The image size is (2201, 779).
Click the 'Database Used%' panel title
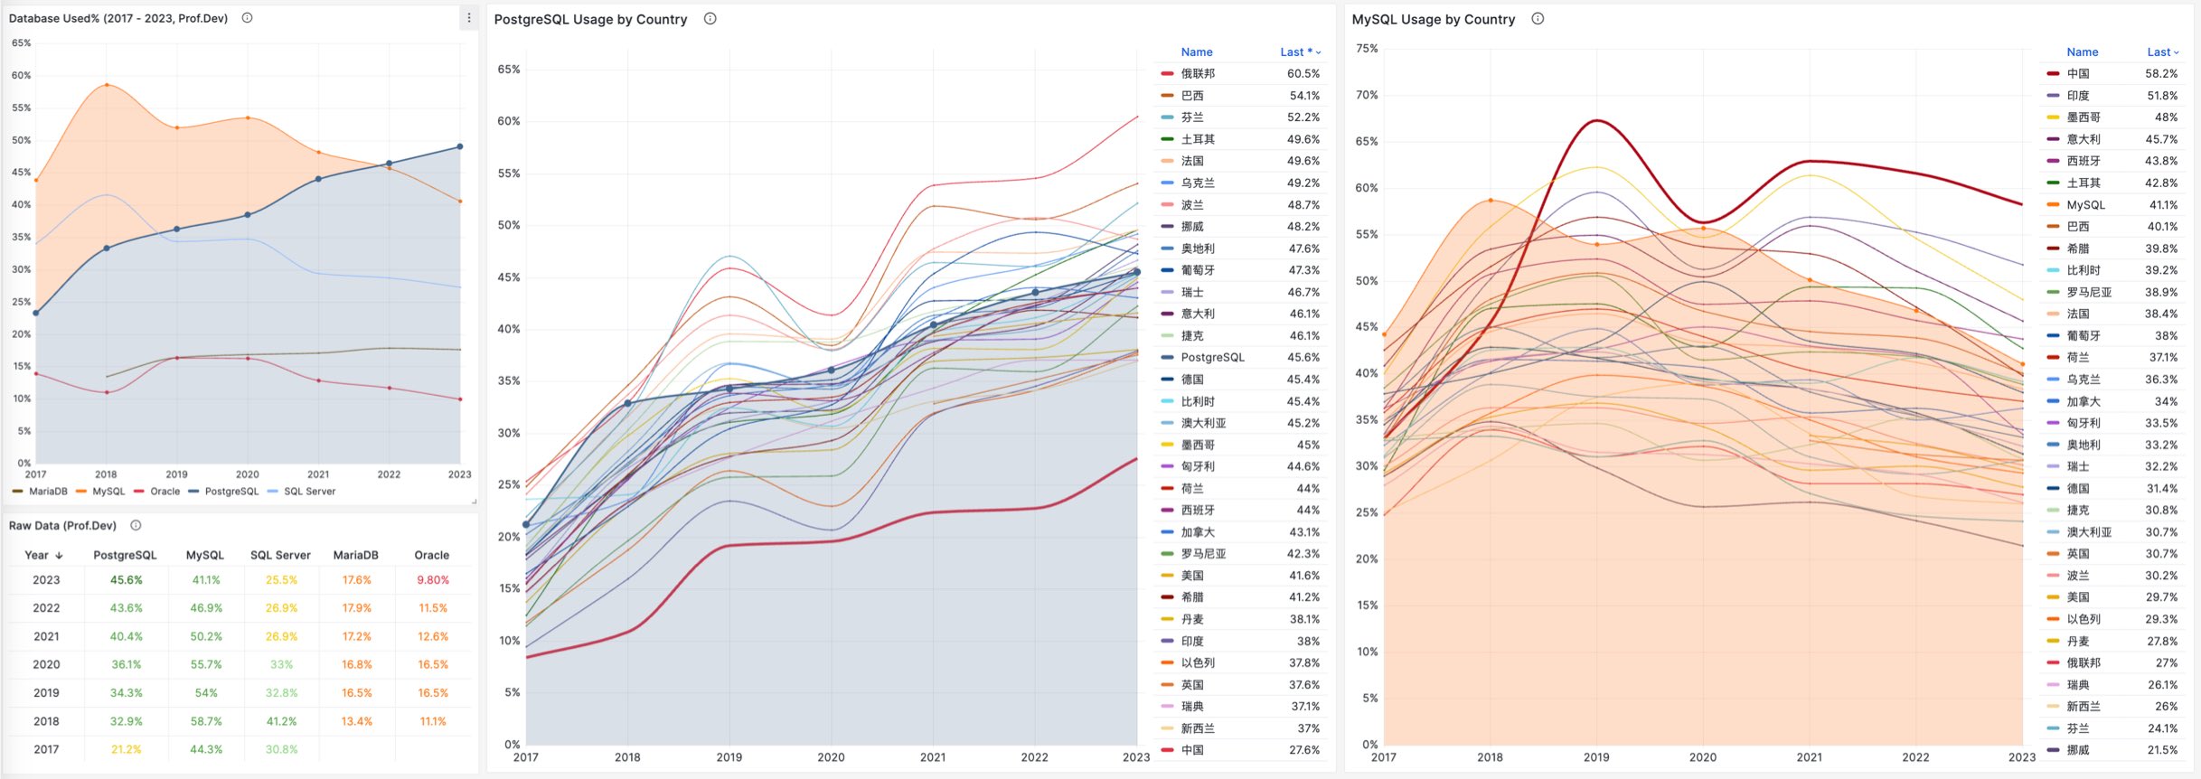pos(118,18)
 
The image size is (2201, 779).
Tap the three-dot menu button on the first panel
pos(468,18)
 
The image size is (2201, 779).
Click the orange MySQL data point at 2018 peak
pos(107,85)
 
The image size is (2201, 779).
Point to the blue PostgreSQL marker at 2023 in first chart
pos(460,146)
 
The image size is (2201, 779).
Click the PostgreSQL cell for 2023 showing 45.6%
pos(126,580)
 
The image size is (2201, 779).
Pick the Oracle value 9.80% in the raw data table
pos(432,580)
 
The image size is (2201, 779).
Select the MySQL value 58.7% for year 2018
pos(205,721)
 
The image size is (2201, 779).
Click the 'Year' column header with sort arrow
pos(42,555)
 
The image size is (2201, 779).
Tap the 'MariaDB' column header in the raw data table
pos(355,555)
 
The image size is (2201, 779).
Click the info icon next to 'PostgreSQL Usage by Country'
pos(710,19)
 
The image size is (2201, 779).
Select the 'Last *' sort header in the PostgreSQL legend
pos(1299,52)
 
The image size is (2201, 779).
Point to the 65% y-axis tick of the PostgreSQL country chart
pos(508,70)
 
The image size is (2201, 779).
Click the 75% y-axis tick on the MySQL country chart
pos(1367,49)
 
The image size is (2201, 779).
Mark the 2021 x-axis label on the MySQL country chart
pos(1809,757)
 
